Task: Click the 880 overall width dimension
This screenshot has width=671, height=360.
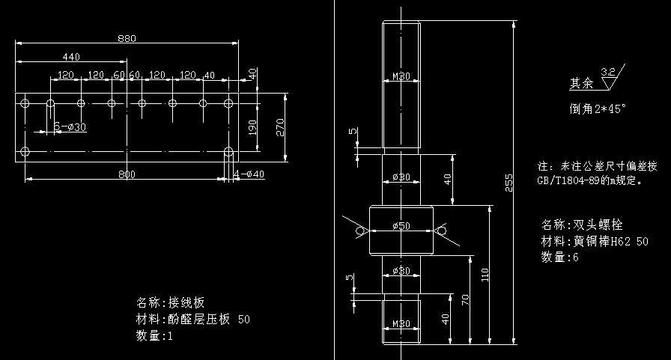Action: pyautogui.click(x=127, y=39)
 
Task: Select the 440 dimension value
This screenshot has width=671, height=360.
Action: pyautogui.click(x=71, y=57)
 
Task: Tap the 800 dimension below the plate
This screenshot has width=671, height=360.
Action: pyautogui.click(x=127, y=174)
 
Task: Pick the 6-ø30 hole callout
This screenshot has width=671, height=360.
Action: pyautogui.click(x=71, y=126)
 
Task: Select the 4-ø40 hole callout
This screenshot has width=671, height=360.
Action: pyautogui.click(x=250, y=174)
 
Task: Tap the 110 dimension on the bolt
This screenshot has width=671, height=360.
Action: pyautogui.click(x=485, y=275)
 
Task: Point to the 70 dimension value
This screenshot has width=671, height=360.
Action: pyautogui.click(x=465, y=300)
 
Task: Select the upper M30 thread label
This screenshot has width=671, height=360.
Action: pyautogui.click(x=401, y=76)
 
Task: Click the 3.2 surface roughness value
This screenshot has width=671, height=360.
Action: pyautogui.click(x=608, y=72)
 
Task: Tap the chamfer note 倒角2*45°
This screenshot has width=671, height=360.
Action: pyautogui.click(x=597, y=109)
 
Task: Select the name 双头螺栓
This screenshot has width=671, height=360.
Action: pyautogui.click(x=597, y=225)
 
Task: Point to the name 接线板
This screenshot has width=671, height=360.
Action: pyautogui.click(x=186, y=303)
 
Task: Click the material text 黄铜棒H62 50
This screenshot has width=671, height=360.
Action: pyautogui.click(x=611, y=241)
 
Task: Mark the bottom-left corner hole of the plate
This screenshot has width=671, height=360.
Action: pyautogui.click(x=25, y=151)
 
